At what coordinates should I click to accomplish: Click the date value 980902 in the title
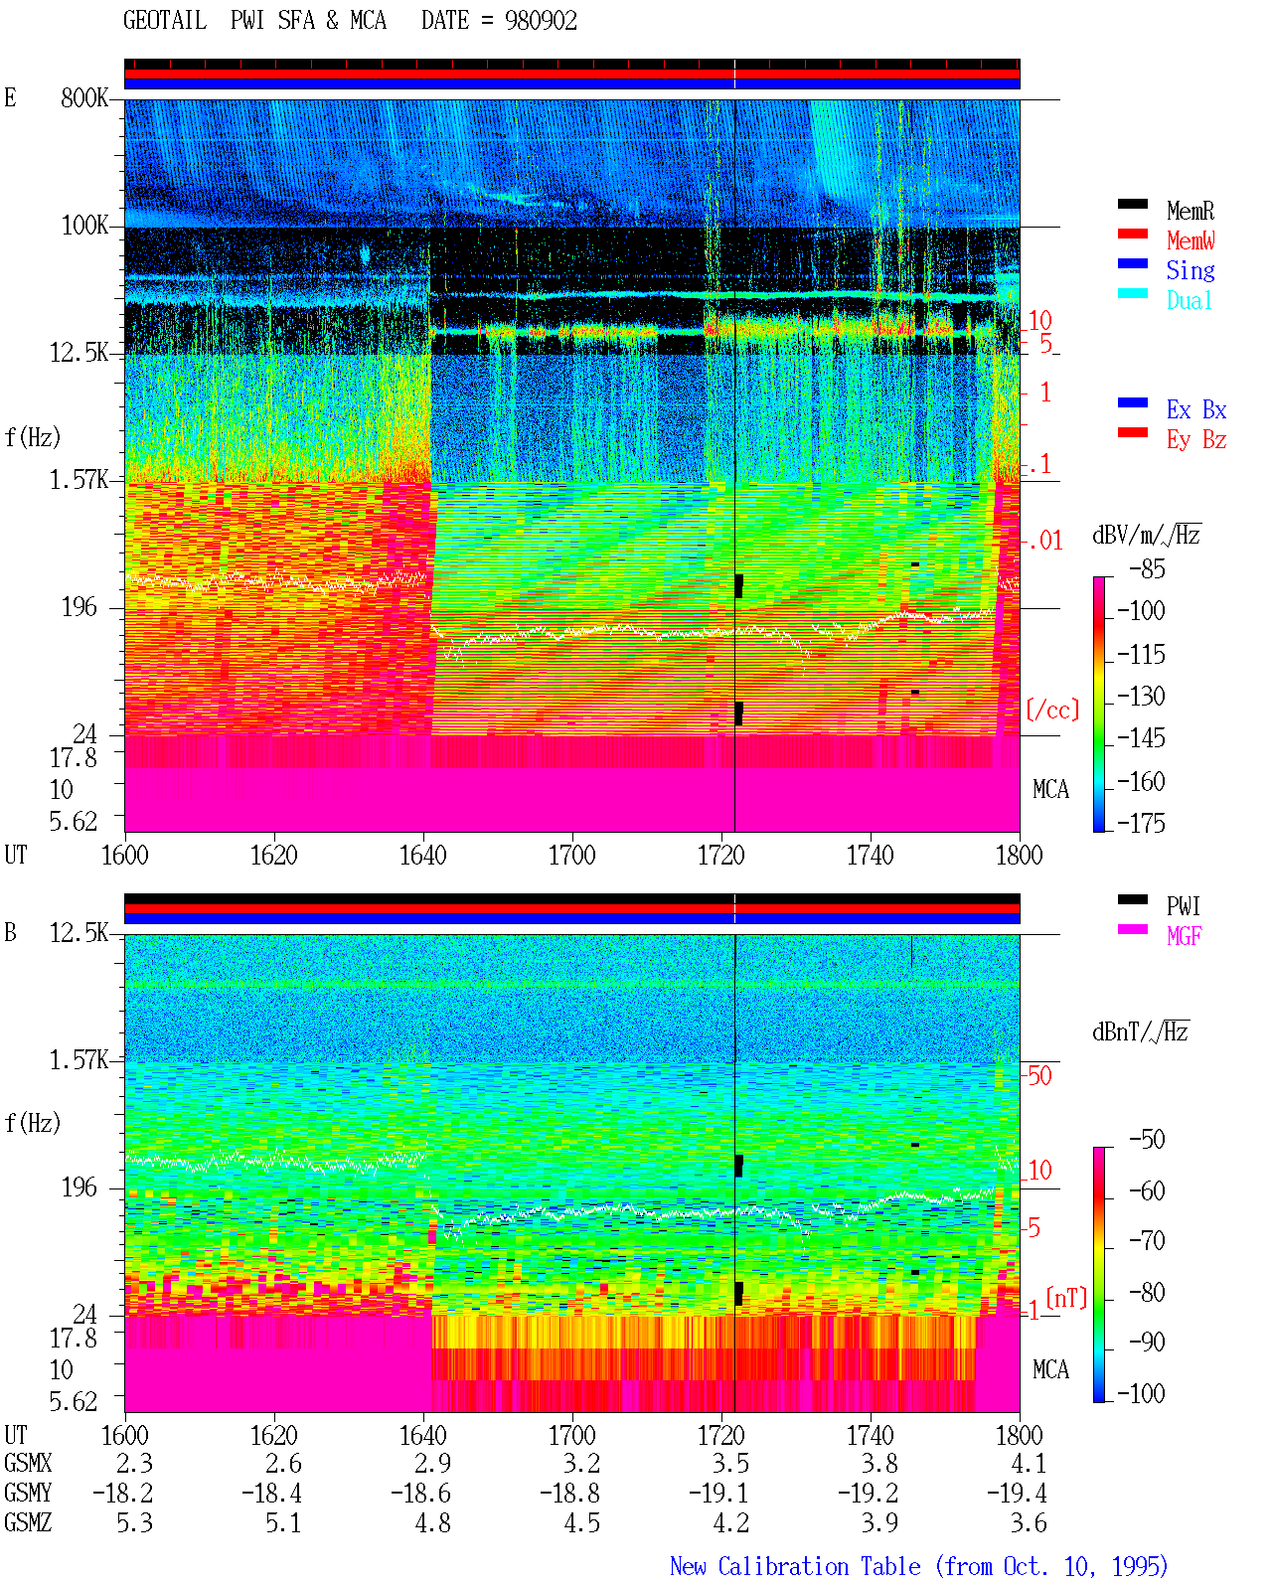[x=541, y=21]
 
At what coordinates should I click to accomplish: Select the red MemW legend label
[x=1191, y=240]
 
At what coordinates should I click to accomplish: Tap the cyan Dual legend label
[x=1189, y=300]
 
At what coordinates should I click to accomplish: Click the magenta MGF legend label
[x=1184, y=936]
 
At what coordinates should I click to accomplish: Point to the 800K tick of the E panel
[x=84, y=97]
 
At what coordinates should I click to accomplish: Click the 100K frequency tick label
[x=84, y=226]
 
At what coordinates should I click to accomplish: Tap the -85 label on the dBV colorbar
[x=1147, y=568]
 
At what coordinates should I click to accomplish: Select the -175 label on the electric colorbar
[x=1141, y=823]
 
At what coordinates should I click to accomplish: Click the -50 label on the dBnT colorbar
[x=1147, y=1140]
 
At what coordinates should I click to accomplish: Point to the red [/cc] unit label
[x=1052, y=710]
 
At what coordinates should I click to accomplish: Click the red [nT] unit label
[x=1066, y=1298]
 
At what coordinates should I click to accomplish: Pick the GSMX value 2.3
[x=134, y=1463]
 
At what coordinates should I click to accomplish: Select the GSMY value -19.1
[x=718, y=1494]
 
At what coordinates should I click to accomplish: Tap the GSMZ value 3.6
[x=1029, y=1522]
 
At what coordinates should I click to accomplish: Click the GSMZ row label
[x=28, y=1522]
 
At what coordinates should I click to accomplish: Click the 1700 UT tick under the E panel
[x=571, y=856]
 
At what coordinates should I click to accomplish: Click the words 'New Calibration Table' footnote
[x=795, y=1566]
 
